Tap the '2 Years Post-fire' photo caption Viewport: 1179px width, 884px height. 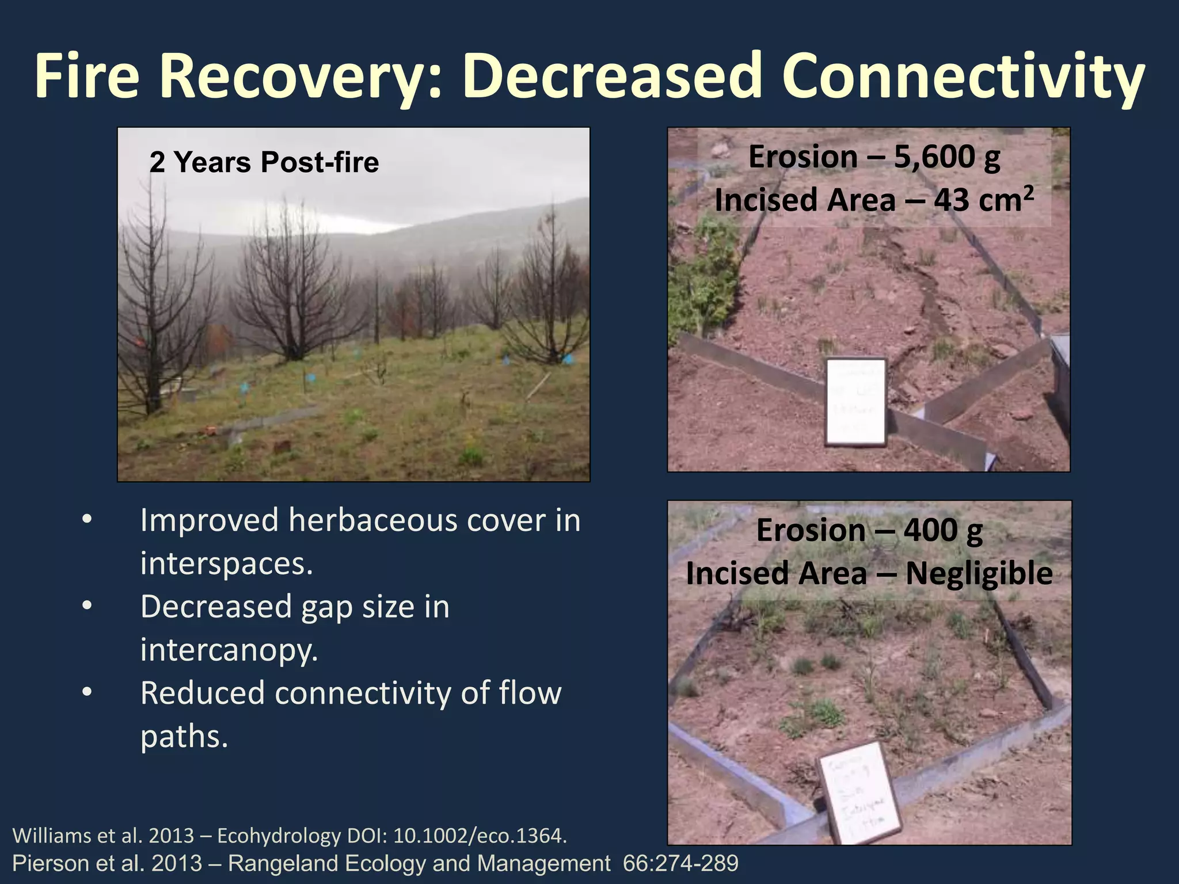264,162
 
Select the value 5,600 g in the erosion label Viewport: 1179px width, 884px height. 947,157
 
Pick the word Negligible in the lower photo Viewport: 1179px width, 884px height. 979,574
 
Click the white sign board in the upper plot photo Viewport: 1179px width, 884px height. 856,402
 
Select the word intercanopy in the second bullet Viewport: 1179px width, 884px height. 228,650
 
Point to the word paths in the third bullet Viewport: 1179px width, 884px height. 184,737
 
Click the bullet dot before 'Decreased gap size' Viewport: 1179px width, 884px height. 87,607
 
